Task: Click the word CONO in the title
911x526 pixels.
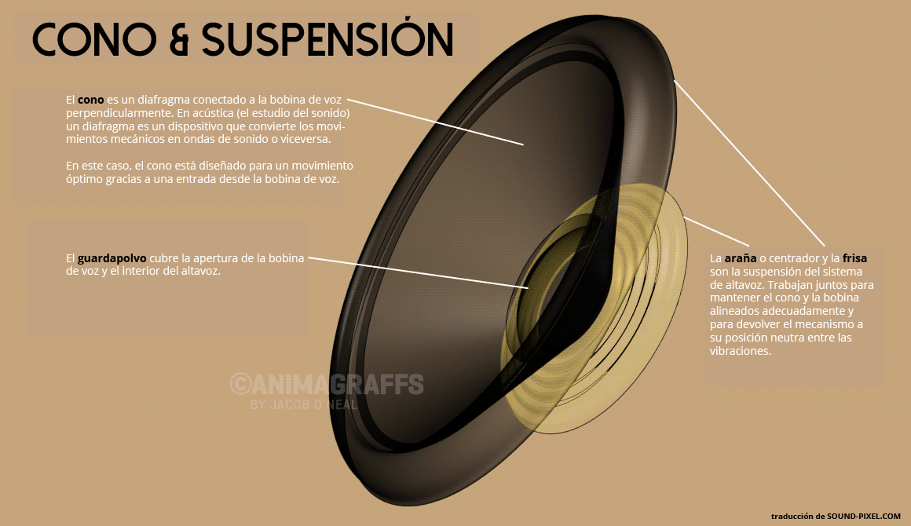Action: point(90,38)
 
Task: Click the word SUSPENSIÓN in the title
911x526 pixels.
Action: point(328,38)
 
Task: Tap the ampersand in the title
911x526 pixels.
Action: point(177,39)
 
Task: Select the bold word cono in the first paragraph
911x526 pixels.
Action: point(90,100)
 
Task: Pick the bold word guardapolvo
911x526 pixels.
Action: point(112,258)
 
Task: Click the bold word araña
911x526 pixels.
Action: point(741,258)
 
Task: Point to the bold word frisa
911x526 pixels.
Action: point(854,258)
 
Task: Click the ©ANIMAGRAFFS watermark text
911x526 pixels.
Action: point(327,385)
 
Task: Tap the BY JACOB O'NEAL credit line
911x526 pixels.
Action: point(303,405)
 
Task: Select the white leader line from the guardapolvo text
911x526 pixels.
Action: point(416,272)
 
